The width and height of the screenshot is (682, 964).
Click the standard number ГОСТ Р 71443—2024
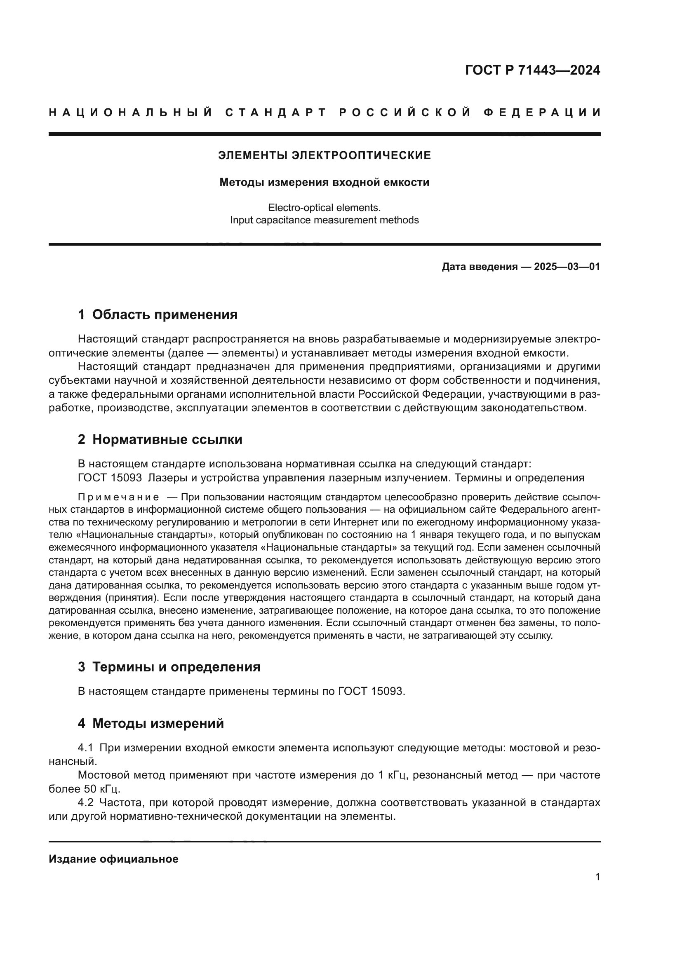[532, 70]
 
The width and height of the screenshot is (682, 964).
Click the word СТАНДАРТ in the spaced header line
[276, 113]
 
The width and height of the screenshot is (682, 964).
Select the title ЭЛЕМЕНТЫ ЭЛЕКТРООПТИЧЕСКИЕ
[324, 155]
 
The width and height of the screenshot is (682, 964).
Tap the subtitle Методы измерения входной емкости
[324, 182]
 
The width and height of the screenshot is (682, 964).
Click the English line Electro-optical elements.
[324, 207]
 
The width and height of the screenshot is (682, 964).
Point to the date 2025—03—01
[567, 267]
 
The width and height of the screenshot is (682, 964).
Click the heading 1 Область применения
[158, 314]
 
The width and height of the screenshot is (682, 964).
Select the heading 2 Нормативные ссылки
[160, 440]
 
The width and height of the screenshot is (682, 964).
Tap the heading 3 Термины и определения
[169, 667]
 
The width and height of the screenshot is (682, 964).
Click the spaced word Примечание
[118, 497]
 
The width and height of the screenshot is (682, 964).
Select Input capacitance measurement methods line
[324, 220]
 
